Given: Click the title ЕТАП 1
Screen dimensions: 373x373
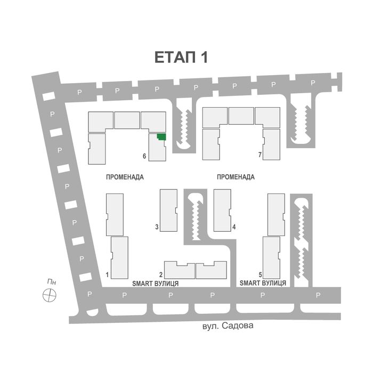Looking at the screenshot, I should (181, 58).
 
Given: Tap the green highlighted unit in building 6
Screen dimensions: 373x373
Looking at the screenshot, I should (161, 137).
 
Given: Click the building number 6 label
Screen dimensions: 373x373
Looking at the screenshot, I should (144, 156).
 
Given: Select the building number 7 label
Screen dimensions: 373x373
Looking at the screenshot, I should (260, 155).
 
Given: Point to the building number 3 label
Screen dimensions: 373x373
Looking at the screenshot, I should (157, 227).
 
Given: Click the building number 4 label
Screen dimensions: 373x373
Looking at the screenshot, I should (234, 227).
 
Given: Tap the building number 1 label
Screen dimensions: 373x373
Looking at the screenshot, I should (108, 275).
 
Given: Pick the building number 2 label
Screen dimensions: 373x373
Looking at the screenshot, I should (160, 275).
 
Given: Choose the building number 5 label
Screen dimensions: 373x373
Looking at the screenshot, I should (260, 275).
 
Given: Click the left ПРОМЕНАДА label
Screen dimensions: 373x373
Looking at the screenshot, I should (125, 177).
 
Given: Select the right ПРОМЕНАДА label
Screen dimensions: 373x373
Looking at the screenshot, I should (236, 177).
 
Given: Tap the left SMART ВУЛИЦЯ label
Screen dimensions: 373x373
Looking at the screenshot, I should (155, 284).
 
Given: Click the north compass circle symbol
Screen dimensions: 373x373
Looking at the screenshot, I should (50, 294).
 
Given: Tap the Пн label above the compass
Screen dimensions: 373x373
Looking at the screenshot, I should (51, 282).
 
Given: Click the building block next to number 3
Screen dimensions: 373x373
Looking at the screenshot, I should (169, 210).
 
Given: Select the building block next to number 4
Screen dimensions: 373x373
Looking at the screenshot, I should (222, 210).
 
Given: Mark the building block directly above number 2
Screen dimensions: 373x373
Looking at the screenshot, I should (180, 270).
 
